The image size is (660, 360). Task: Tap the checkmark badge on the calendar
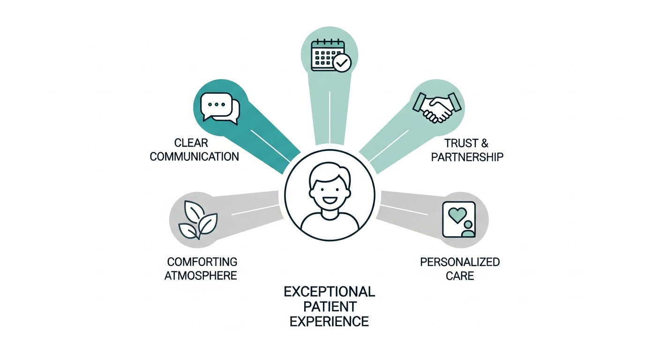click(342, 63)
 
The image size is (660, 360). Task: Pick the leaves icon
click(198, 220)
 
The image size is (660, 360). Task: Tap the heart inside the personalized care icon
click(457, 215)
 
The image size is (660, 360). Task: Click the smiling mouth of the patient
click(330, 201)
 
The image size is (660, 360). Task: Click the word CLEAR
click(191, 143)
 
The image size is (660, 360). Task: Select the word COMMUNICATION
click(195, 157)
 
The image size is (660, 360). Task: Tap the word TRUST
click(461, 143)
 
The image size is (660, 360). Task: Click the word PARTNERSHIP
click(467, 157)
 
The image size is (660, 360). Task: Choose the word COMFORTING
click(202, 262)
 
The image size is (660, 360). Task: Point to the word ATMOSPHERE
click(201, 276)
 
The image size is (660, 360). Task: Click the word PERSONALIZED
click(460, 262)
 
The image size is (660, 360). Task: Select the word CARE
click(460, 276)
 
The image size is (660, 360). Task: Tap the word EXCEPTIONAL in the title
click(330, 292)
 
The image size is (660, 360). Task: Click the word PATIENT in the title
click(330, 307)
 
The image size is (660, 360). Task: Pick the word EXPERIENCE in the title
click(330, 322)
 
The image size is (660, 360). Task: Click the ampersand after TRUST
click(485, 143)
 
